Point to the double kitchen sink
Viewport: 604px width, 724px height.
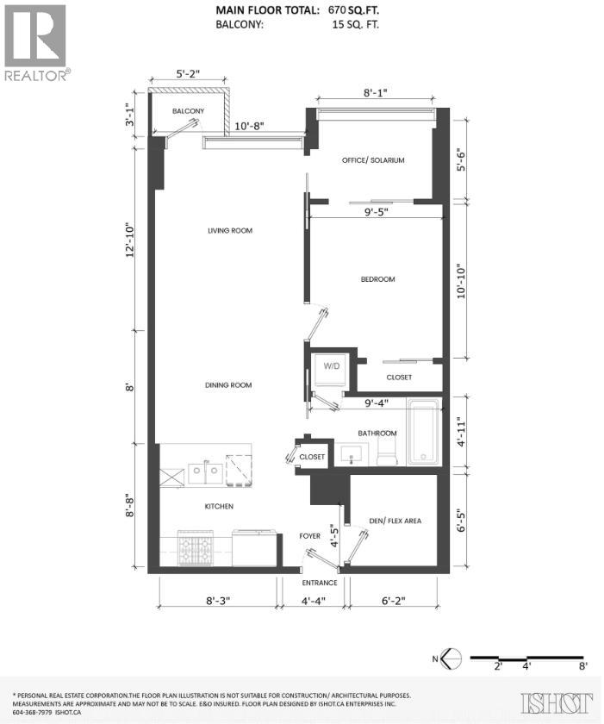click(x=205, y=471)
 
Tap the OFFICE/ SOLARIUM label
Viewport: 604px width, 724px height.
click(x=373, y=160)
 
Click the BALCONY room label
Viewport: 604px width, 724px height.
click(x=188, y=112)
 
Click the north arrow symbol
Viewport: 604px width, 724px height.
click(x=454, y=658)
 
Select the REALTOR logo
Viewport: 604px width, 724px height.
click(x=35, y=42)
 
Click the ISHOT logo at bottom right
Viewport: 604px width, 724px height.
click(x=557, y=702)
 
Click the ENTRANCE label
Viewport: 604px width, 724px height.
click(x=319, y=582)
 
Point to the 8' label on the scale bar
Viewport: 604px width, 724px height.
click(x=583, y=666)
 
